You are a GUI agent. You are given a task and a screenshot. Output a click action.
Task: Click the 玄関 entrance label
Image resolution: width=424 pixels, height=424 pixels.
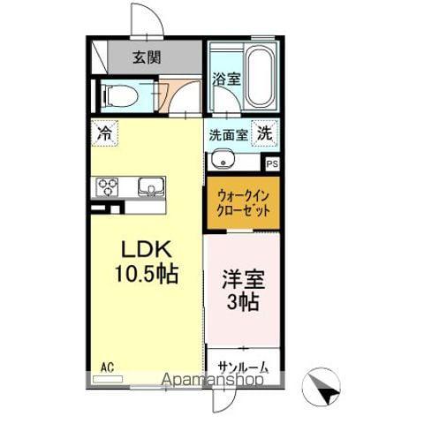[147, 59]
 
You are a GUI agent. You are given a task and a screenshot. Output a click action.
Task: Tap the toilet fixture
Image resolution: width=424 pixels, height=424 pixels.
[118, 96]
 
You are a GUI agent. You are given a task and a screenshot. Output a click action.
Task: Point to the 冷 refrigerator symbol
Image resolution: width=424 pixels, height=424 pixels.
[104, 134]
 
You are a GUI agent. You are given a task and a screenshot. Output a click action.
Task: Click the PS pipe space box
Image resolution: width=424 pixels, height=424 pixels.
[272, 163]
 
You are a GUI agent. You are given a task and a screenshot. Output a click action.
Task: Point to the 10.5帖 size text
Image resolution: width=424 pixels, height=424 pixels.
[145, 275]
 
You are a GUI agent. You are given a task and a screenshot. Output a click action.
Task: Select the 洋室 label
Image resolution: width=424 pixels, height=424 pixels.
[241, 278]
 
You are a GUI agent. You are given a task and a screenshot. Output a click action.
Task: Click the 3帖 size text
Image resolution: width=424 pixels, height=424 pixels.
[241, 302]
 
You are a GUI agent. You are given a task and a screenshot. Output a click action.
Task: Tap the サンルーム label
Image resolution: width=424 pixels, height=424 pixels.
[240, 366]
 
